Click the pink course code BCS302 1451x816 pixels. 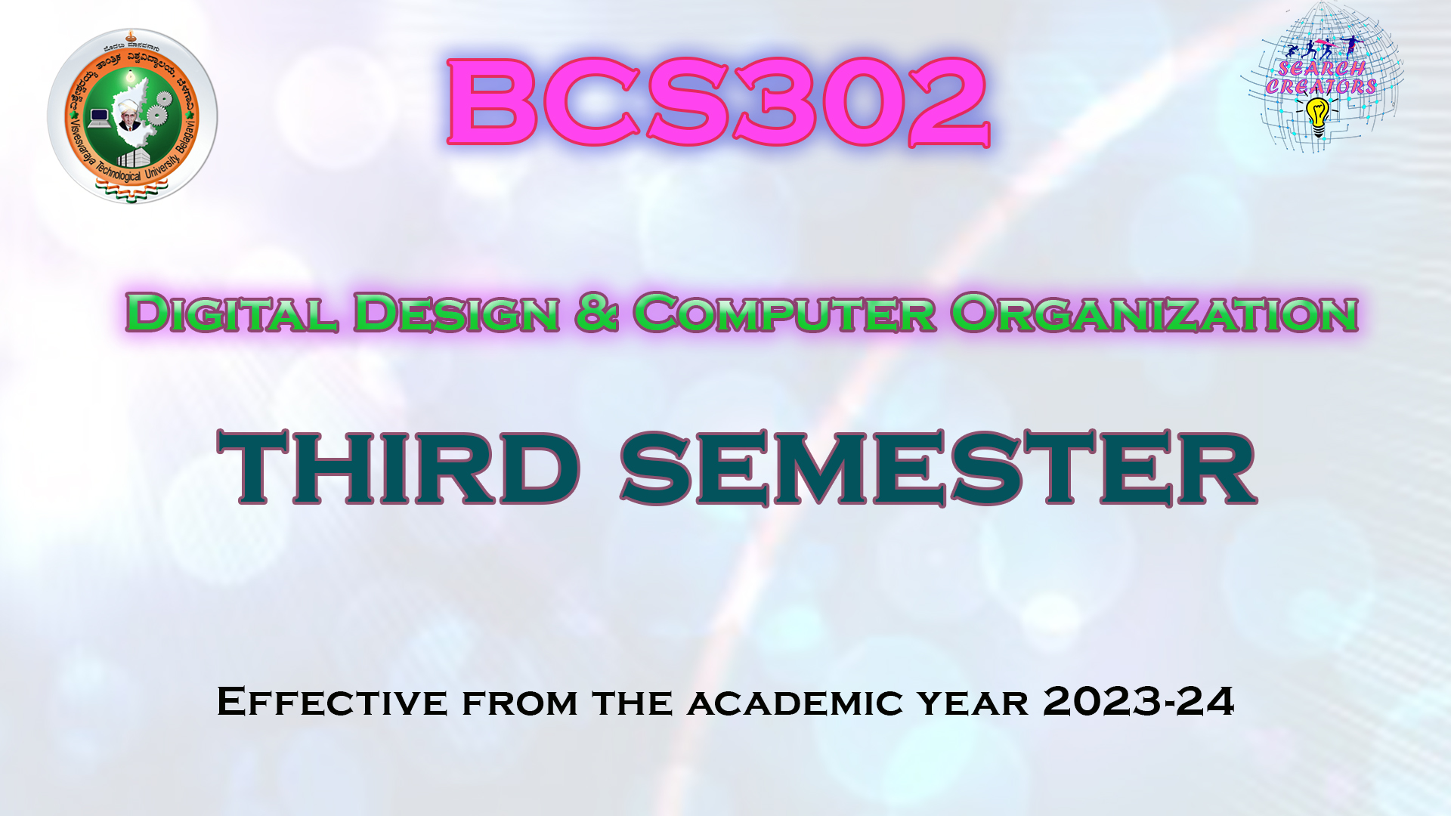(x=718, y=102)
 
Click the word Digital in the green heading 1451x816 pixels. (x=231, y=313)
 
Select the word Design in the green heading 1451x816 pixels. (x=456, y=313)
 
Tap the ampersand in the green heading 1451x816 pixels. (x=596, y=313)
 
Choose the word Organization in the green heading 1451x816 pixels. (x=1154, y=313)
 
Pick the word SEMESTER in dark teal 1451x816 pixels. (x=938, y=468)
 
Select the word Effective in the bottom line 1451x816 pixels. (x=333, y=702)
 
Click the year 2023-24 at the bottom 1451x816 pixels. (x=1138, y=701)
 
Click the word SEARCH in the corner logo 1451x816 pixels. (x=1322, y=69)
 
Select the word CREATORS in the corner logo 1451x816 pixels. (x=1321, y=87)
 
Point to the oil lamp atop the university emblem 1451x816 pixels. (x=132, y=36)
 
